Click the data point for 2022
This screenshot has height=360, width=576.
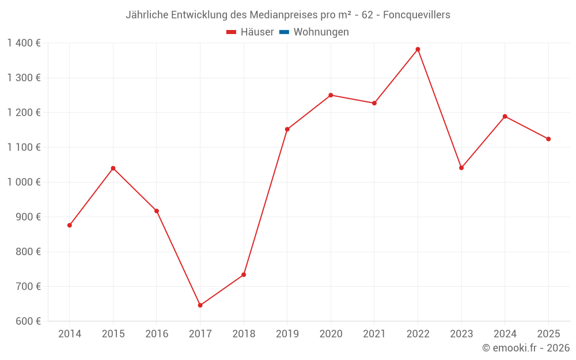418,49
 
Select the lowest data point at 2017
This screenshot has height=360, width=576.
200,305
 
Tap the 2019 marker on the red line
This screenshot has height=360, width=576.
287,129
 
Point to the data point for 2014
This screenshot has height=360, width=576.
70,225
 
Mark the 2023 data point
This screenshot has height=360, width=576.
461,168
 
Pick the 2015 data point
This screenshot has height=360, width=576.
113,168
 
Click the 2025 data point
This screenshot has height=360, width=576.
548,139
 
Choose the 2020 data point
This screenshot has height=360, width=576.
331,95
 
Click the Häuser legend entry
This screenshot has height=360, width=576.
250,32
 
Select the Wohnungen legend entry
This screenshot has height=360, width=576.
314,32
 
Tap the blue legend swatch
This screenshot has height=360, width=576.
285,32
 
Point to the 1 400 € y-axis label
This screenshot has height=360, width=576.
24,43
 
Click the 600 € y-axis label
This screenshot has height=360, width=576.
28,321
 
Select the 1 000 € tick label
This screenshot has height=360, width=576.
24,182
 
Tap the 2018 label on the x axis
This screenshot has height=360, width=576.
244,334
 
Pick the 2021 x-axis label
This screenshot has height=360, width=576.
374,334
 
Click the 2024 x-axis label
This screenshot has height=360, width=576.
505,334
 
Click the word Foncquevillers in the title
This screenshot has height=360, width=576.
416,15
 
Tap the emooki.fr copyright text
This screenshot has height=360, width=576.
526,347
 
